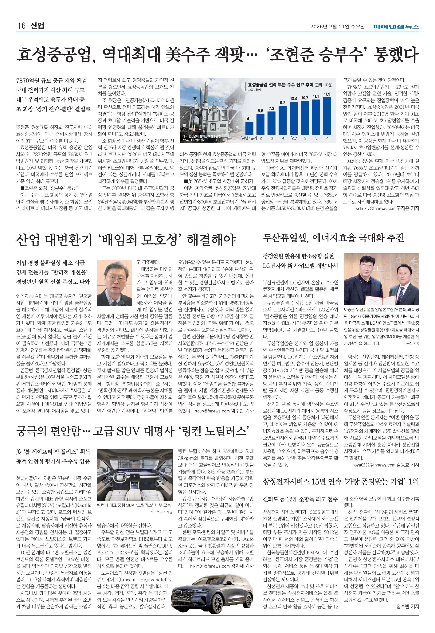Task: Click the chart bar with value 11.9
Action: point(327,115)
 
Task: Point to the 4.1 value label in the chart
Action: point(249,119)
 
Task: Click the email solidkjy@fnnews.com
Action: point(375,209)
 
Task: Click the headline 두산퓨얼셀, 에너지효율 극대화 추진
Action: point(333,238)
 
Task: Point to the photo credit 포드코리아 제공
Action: point(162,512)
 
